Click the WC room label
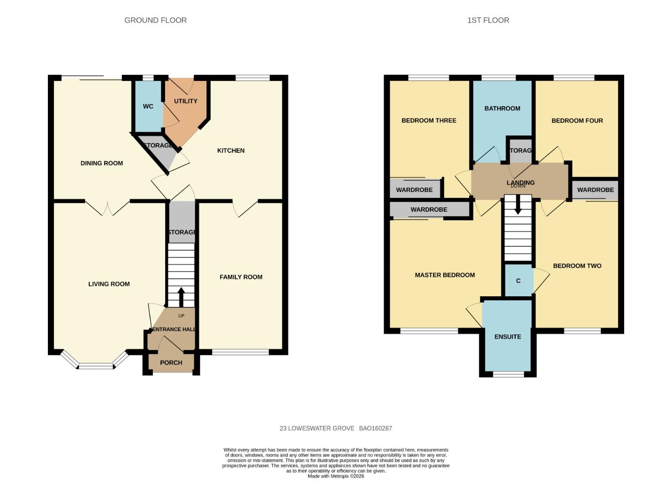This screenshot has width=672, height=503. pos(148,107)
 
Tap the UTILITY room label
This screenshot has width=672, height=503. pos(186,101)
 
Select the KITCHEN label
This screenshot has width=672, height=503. pos(231,150)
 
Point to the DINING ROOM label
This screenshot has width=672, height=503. pos(102,163)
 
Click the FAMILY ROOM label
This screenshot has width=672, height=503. pos(241,277)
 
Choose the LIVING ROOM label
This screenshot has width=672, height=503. pos(109,284)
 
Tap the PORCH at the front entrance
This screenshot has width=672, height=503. pos(171,363)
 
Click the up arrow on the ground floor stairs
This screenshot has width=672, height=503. pos(181,296)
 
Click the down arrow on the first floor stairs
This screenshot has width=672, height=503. pos(518,209)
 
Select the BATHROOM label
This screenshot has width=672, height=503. pos(502,109)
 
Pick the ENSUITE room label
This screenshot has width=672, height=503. pos(507,337)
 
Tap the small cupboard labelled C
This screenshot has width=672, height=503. pos(518,281)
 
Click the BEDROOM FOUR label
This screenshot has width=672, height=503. pos(577,121)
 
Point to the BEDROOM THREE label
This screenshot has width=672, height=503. pos(429,121)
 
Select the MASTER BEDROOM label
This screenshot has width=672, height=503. pos(445,275)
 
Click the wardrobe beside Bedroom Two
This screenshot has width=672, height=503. pos(595,190)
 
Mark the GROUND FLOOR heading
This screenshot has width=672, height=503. pos(155,20)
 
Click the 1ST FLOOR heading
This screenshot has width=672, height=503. pos(488,20)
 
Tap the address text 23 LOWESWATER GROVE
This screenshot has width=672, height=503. pos(317,428)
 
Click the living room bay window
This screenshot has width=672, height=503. pos(95,366)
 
